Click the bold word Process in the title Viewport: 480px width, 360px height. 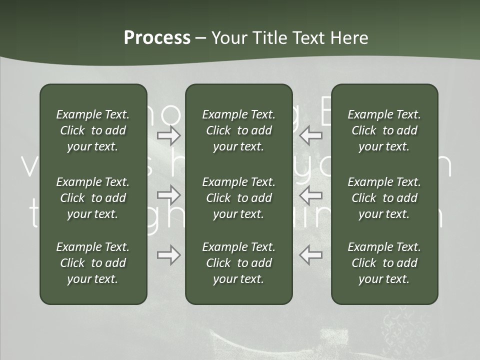pos(157,38)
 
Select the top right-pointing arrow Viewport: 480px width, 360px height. pos(168,135)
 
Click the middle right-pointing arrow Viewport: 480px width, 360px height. pos(168,194)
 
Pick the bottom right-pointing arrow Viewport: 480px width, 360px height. pos(168,255)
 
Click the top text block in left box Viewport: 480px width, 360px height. pos(93,130)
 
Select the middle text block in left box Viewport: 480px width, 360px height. pos(93,198)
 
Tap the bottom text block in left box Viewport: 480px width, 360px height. pos(93,263)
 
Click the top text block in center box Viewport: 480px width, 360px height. pos(238,130)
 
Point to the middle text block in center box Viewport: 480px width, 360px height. pos(238,198)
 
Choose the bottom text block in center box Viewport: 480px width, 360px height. pos(238,263)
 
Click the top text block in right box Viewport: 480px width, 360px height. pos(384,130)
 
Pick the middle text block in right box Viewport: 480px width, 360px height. pos(384,198)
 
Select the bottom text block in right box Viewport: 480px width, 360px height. pos(384,263)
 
